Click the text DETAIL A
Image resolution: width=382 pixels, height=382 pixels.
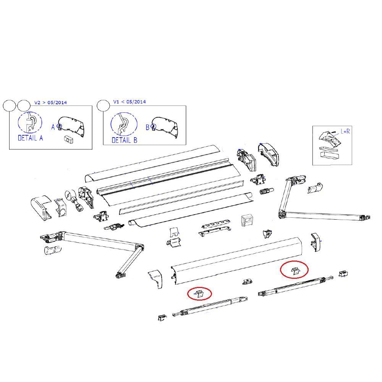pyautogui.click(x=31, y=138)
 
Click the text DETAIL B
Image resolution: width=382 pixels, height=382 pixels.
pyautogui.click(x=124, y=140)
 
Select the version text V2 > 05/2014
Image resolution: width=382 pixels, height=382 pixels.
pyautogui.click(x=50, y=102)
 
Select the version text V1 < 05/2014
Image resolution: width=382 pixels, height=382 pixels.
pyautogui.click(x=129, y=102)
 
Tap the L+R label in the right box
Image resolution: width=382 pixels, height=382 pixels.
pyautogui.click(x=345, y=131)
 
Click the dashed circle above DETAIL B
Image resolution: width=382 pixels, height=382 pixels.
pyautogui.click(x=124, y=124)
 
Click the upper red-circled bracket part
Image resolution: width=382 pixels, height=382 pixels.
pyautogui.click(x=295, y=271)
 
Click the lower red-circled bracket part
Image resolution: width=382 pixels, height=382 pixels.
pyautogui.click(x=199, y=294)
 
